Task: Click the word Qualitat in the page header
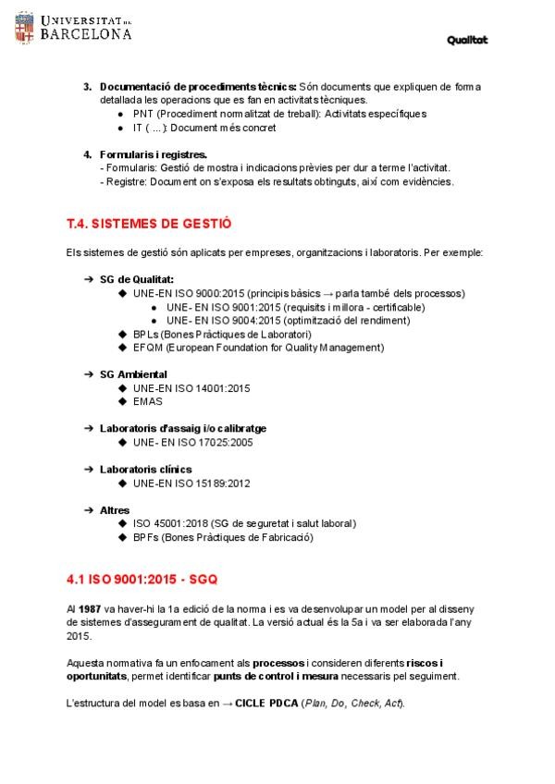pyautogui.click(x=467, y=40)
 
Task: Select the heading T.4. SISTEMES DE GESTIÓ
pyautogui.click(x=149, y=224)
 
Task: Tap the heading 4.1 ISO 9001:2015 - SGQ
pyautogui.click(x=142, y=580)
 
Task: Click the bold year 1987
pyautogui.click(x=90, y=610)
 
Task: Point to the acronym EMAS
pyautogui.click(x=148, y=401)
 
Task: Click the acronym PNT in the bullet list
pyautogui.click(x=143, y=114)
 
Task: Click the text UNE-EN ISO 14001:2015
pyautogui.click(x=191, y=388)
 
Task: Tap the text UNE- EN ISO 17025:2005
pyautogui.click(x=192, y=443)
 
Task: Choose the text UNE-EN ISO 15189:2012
pyautogui.click(x=191, y=484)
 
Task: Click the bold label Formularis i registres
pyautogui.click(x=154, y=154)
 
